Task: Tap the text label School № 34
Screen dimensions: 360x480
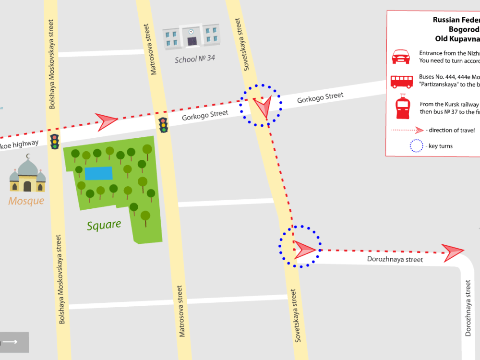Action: pyautogui.click(x=195, y=60)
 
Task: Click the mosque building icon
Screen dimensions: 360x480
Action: pyautogui.click(x=27, y=175)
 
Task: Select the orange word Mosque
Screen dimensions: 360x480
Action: pyautogui.click(x=26, y=201)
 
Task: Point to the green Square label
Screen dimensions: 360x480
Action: pyautogui.click(x=104, y=225)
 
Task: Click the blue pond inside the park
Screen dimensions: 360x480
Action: pyautogui.click(x=98, y=173)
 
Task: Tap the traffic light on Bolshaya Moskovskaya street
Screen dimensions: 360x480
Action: pyautogui.click(x=55, y=142)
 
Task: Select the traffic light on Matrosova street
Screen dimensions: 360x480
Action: pyautogui.click(x=163, y=125)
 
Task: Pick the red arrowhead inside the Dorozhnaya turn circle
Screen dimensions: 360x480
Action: pyautogui.click(x=303, y=249)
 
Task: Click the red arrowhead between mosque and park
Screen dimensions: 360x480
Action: pyautogui.click(x=107, y=121)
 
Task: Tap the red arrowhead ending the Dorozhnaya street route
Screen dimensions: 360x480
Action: pyautogui.click(x=453, y=252)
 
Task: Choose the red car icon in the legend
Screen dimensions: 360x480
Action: pyautogui.click(x=402, y=57)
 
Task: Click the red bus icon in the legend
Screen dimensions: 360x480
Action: pyautogui.click(x=402, y=81)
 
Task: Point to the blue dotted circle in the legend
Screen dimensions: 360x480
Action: pyautogui.click(x=416, y=146)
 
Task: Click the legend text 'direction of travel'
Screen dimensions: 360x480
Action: pyautogui.click(x=452, y=130)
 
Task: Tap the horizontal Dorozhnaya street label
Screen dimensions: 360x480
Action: pyautogui.click(x=395, y=260)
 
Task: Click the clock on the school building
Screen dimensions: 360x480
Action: pyautogui.click(x=191, y=32)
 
